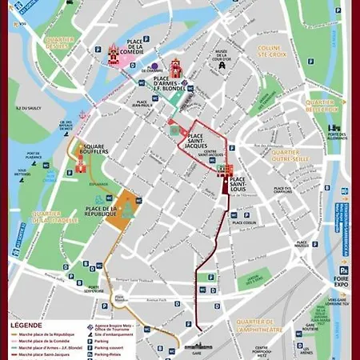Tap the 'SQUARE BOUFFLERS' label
tap(94, 150)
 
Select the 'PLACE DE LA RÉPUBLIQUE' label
tap(102, 213)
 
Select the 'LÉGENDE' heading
tap(26, 326)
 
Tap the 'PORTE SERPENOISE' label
tap(95, 288)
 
